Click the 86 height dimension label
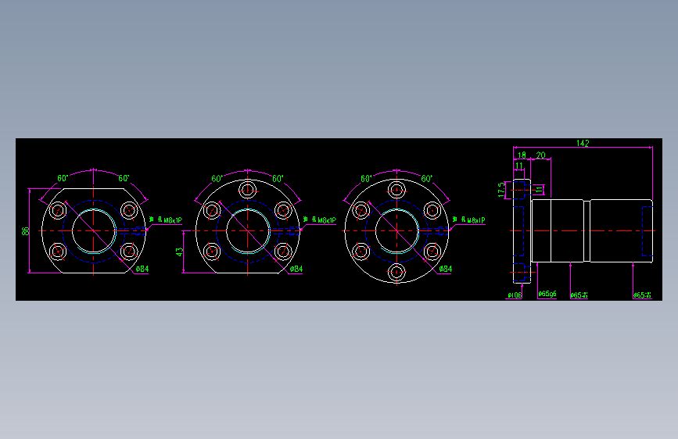tap(25, 231)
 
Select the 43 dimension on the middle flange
tap(179, 252)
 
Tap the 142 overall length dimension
tap(583, 143)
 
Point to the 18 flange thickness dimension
tap(522, 155)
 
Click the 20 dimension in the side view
tap(540, 155)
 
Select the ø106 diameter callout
tap(515, 295)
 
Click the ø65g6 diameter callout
tap(547, 294)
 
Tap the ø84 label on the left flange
tap(142, 269)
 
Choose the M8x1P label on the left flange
tap(171, 220)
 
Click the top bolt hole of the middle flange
tap(248, 190)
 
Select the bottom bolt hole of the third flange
tap(396, 273)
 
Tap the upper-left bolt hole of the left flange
tap(58, 210)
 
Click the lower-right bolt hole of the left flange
tap(129, 252)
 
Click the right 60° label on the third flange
tap(427, 178)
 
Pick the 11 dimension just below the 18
tap(518, 166)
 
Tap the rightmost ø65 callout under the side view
tap(642, 295)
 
